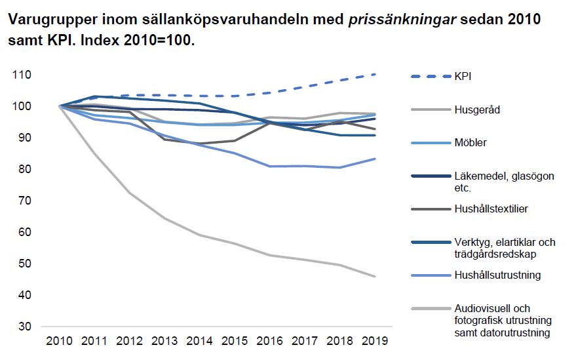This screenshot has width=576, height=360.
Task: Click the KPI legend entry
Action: [x=463, y=76]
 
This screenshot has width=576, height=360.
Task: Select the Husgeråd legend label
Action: [x=476, y=110]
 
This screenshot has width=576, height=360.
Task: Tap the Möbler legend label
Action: [x=470, y=142]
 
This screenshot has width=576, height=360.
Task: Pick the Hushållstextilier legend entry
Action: [x=491, y=209]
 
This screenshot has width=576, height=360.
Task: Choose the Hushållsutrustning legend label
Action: [x=497, y=275]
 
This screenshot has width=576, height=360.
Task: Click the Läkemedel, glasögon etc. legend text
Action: [x=504, y=182]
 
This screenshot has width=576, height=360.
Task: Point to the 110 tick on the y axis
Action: [x=22, y=75]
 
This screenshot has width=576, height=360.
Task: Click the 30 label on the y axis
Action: [x=25, y=327]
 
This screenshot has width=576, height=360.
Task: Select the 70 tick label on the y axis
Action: [x=25, y=201]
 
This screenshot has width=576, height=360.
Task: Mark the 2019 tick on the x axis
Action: [x=375, y=341]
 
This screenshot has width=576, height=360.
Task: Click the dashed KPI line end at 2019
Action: [x=375, y=74]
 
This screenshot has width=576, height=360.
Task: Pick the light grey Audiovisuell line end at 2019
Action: [x=375, y=276]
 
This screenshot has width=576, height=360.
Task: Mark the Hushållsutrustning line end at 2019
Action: [x=375, y=159]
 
